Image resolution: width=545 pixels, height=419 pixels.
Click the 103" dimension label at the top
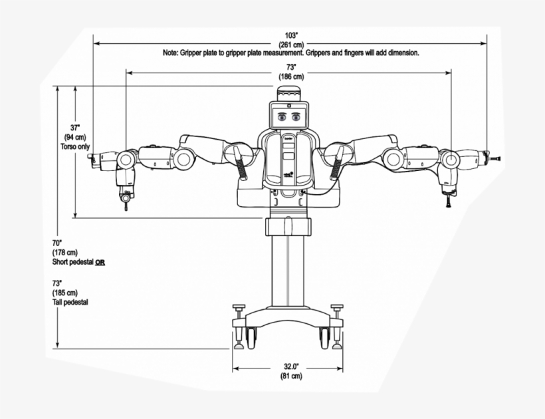click(x=290, y=35)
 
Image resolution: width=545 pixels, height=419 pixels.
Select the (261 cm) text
click(x=290, y=44)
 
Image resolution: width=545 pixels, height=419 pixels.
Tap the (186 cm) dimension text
click(x=290, y=76)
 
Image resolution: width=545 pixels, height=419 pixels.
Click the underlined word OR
click(x=100, y=262)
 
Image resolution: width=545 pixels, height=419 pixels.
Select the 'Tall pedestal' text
click(x=70, y=302)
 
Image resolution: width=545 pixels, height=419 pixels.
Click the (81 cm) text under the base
click(x=290, y=376)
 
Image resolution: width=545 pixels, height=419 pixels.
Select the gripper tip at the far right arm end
click(x=495, y=158)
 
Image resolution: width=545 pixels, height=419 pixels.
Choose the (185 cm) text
click(x=64, y=293)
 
